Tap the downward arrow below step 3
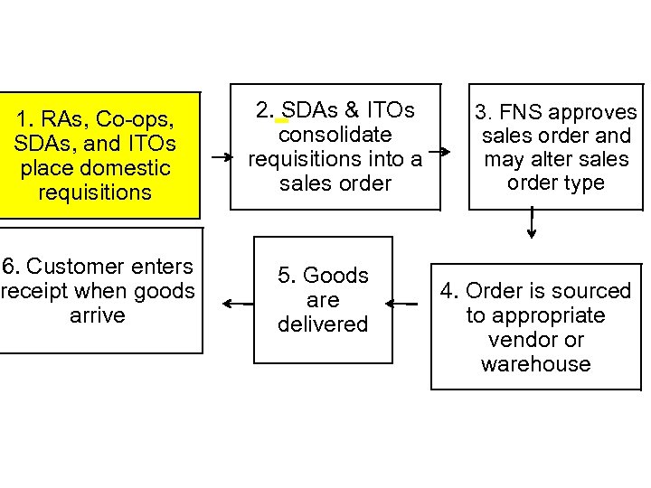(x=532, y=222)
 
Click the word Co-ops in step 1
(x=135, y=119)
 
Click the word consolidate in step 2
(x=335, y=135)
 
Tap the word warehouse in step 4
(x=535, y=364)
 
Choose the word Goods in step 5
(x=335, y=275)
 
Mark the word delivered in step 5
(x=323, y=324)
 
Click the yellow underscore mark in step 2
(x=280, y=119)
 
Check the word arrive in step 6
(x=97, y=315)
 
